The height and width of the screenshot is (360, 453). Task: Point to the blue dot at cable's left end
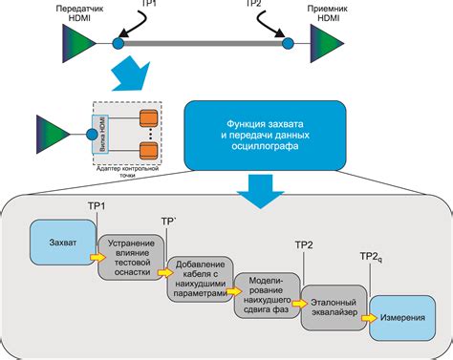(118, 44)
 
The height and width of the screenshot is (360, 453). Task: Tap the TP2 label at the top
(254, 5)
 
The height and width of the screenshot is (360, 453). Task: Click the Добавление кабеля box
(200, 279)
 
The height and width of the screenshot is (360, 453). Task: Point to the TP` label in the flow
(169, 220)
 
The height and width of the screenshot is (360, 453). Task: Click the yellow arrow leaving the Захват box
(97, 256)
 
